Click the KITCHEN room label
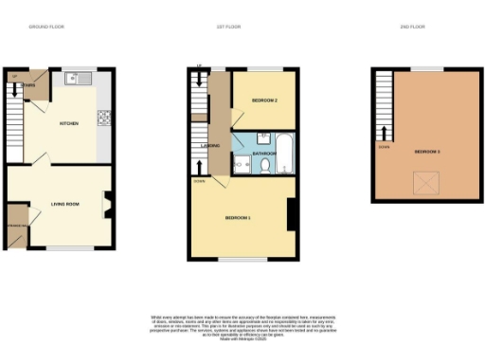point(67,123)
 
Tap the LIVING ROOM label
point(64,203)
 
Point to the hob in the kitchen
point(102,118)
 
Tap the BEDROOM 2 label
point(264,100)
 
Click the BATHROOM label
point(263,153)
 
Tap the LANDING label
point(213,145)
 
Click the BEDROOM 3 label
point(427,151)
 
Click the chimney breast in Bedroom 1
point(292,214)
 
